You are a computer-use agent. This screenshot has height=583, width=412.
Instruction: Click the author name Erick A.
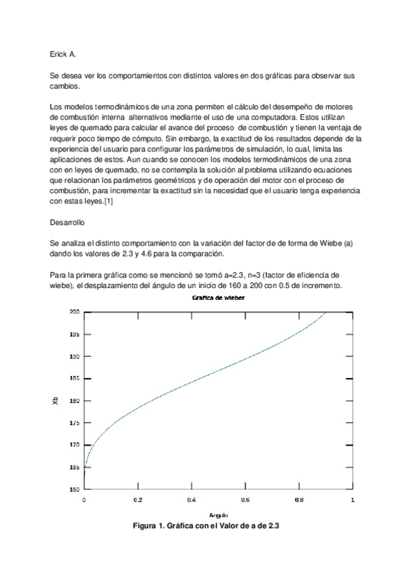(63, 53)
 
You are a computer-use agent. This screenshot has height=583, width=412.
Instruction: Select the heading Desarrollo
(69, 222)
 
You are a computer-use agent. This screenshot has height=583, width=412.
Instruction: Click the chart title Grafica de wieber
(217, 298)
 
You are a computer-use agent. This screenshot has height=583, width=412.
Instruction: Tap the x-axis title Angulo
(218, 515)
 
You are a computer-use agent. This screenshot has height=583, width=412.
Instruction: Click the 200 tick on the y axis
(74, 312)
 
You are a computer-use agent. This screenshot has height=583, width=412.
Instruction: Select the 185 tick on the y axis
(74, 378)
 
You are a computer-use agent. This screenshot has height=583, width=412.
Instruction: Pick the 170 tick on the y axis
(74, 445)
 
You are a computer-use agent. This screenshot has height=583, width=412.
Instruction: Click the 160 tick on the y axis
(74, 489)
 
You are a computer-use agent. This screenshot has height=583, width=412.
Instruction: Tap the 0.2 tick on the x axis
(138, 500)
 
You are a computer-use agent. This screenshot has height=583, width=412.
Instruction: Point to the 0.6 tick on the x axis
(245, 500)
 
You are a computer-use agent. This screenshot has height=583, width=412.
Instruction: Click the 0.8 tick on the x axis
(299, 500)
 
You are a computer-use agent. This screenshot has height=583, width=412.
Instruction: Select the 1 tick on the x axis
(353, 500)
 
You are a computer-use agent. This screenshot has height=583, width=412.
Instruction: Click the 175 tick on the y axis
(74, 423)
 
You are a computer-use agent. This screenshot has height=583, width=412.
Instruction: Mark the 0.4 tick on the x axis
(191, 500)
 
